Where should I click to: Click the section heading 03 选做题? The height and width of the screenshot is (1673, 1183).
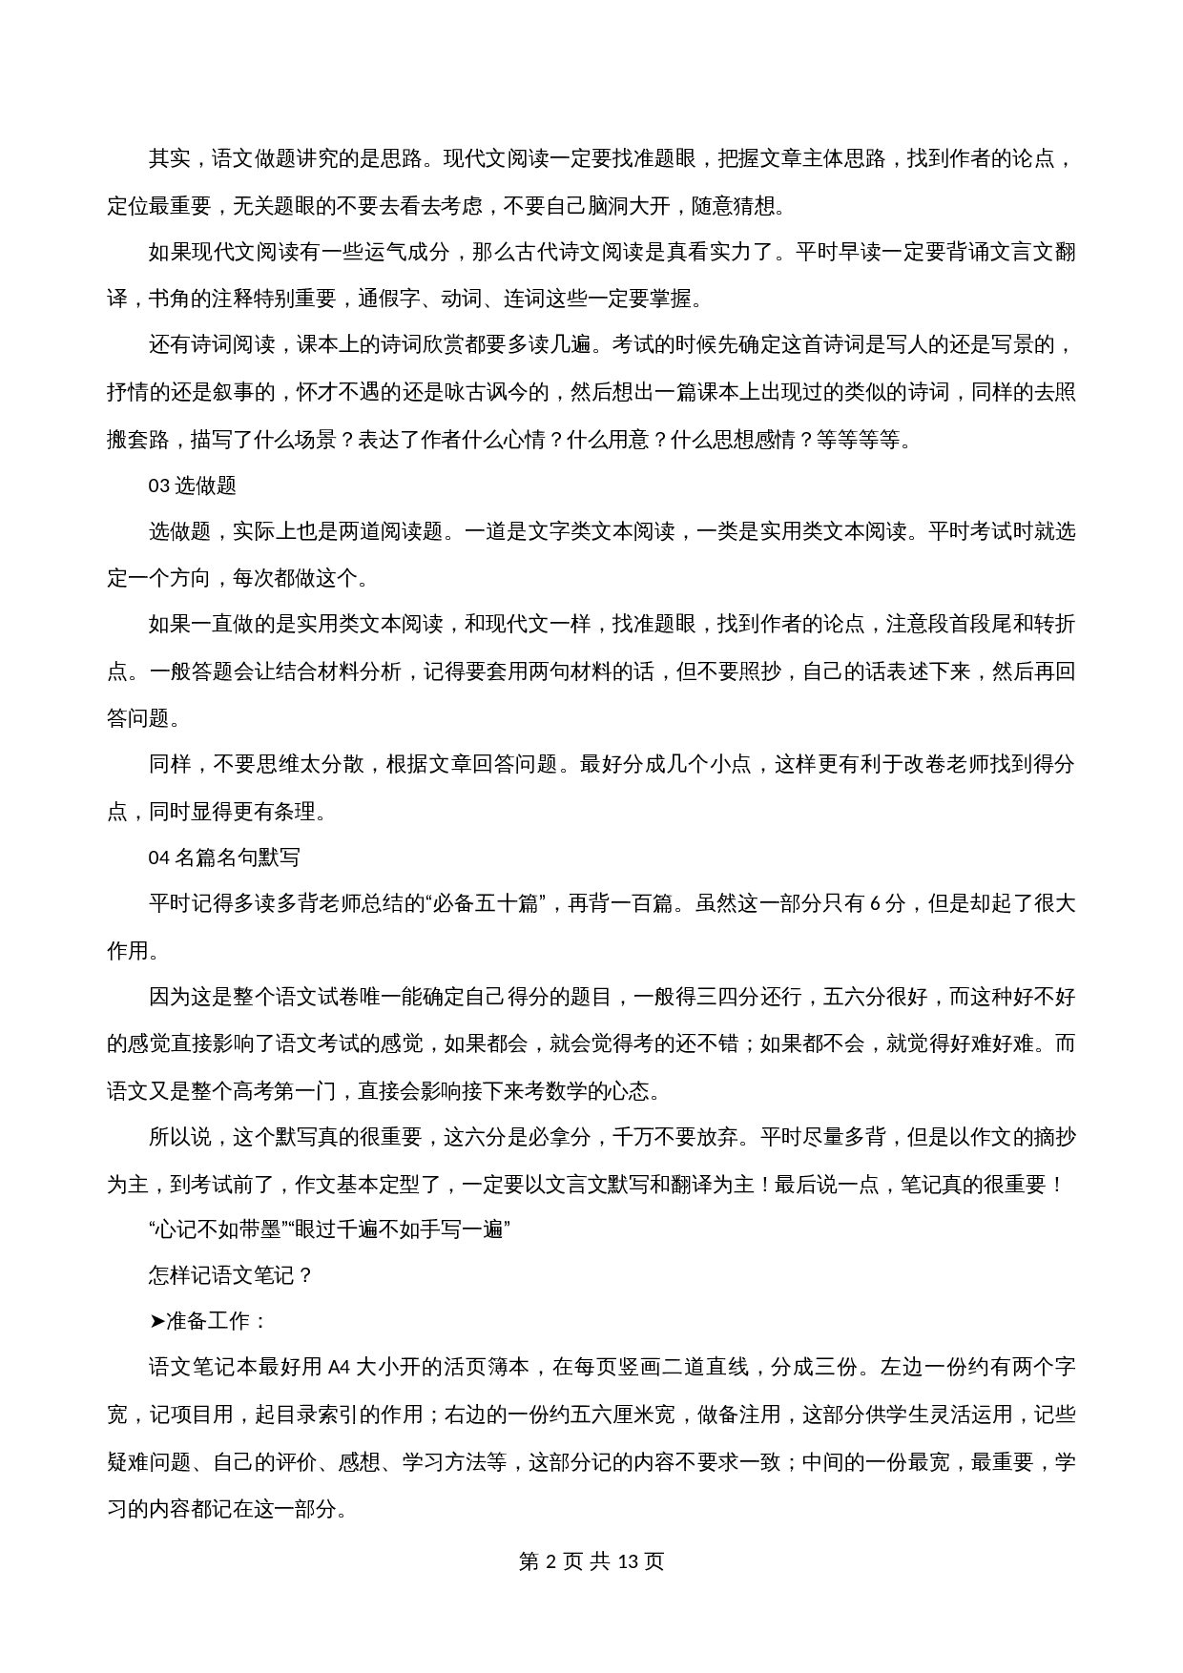[x=192, y=485]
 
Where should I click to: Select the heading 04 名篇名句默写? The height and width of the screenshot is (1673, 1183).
[x=224, y=857]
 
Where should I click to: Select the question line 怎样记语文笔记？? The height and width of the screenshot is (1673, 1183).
[x=231, y=1275]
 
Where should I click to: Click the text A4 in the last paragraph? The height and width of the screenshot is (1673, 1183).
[x=340, y=1367]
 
